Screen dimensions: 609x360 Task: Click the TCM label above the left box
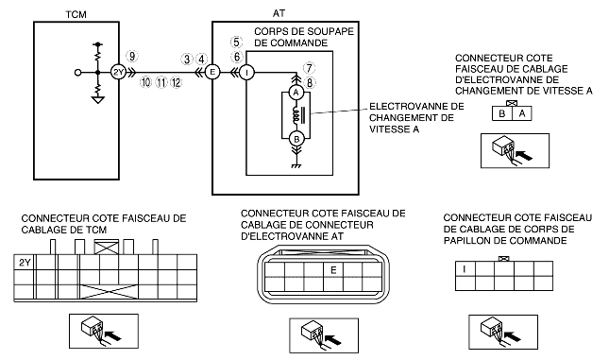tap(76, 15)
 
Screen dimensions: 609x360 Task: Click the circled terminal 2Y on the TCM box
tap(118, 72)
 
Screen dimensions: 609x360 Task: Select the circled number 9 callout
tap(132, 57)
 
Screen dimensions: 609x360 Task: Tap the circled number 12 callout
tap(176, 82)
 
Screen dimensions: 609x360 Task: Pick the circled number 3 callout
tap(187, 60)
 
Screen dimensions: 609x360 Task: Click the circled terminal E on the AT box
tap(212, 72)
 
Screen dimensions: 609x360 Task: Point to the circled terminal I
tap(246, 73)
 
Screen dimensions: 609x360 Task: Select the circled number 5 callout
tap(236, 42)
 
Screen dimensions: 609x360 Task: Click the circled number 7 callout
tap(309, 68)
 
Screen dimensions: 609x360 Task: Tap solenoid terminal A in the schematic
tap(296, 93)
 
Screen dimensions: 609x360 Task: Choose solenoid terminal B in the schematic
tap(296, 139)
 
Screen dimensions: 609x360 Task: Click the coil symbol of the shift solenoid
tap(296, 115)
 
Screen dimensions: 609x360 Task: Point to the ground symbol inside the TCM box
tap(98, 100)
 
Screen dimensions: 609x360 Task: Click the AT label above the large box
tap(279, 13)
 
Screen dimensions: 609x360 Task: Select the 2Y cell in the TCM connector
tap(24, 263)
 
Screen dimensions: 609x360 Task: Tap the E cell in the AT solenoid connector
tap(333, 269)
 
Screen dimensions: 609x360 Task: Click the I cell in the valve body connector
tap(465, 268)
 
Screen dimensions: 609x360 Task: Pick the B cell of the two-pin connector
tap(502, 113)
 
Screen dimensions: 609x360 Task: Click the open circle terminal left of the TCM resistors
tap(78, 73)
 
